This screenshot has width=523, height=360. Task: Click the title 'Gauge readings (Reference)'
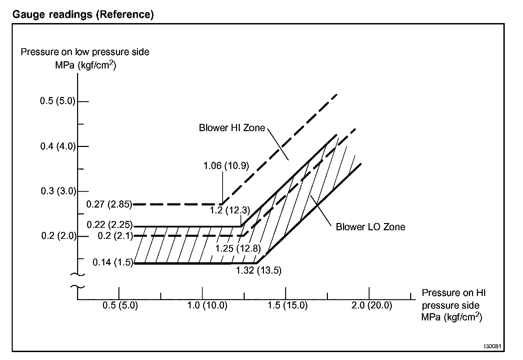(83, 15)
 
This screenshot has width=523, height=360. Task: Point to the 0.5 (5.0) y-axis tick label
(57, 101)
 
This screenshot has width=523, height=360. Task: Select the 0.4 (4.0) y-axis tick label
(58, 146)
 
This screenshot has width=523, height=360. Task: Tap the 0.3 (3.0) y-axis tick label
(58, 191)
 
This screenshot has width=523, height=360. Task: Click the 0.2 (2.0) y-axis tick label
(59, 236)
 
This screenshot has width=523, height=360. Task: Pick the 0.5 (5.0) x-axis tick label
(120, 305)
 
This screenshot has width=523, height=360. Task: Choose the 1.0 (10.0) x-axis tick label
(207, 305)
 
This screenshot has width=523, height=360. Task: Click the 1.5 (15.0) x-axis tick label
(288, 305)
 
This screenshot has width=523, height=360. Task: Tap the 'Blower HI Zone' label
(232, 128)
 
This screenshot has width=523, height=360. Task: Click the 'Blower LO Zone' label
(370, 227)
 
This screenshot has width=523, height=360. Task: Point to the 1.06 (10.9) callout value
(226, 166)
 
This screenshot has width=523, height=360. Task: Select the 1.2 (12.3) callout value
(230, 210)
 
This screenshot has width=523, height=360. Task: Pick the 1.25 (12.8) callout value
(238, 248)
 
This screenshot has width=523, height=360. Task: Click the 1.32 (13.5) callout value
(259, 271)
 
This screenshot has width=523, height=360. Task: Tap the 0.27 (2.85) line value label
(109, 204)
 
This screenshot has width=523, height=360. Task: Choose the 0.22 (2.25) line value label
(109, 225)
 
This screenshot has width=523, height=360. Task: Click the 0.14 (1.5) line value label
(113, 263)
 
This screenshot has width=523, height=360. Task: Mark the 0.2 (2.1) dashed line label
(115, 236)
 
